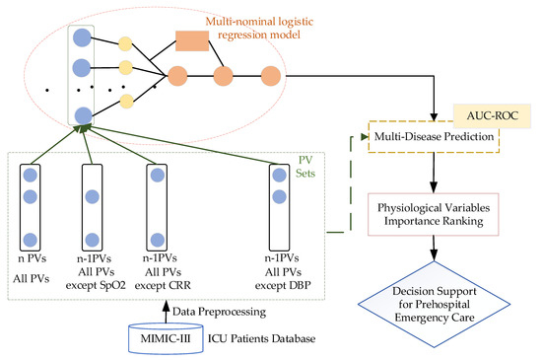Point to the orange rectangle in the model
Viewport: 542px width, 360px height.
(x=194, y=40)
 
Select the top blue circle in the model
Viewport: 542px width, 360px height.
(x=81, y=40)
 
